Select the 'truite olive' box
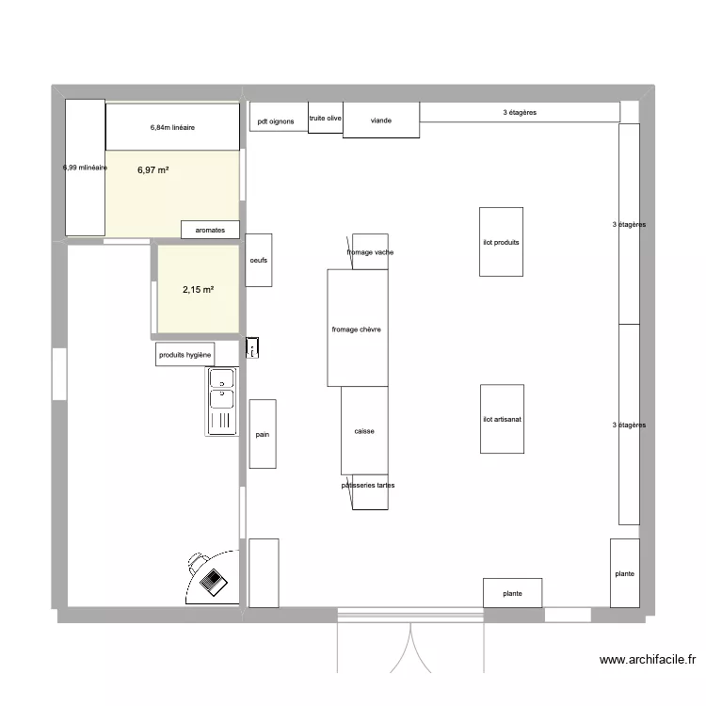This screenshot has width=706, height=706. [x=326, y=118]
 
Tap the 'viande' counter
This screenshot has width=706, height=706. [x=381, y=120]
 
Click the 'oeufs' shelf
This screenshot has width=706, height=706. [x=259, y=260]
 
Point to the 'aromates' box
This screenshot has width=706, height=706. [x=210, y=229]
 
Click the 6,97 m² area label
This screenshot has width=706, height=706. [x=153, y=170]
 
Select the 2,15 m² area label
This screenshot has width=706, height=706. [x=198, y=289]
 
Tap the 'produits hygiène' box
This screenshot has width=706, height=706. [x=185, y=354]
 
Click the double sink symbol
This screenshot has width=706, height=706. [x=222, y=401]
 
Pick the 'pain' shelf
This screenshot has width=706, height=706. [x=263, y=434]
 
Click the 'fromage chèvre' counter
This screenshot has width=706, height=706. [x=358, y=329]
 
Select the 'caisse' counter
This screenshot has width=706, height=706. [x=364, y=430]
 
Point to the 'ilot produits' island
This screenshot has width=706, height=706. [x=501, y=242]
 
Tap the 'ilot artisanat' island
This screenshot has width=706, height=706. [x=502, y=419]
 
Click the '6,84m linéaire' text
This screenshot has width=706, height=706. [x=172, y=127]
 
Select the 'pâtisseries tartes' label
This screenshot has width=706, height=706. [x=368, y=486]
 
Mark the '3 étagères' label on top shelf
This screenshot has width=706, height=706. [x=520, y=112]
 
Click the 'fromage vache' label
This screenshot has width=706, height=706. [x=370, y=252]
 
